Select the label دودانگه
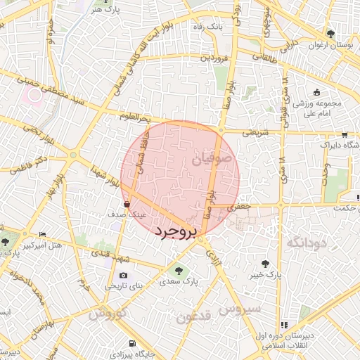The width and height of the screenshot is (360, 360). click(307, 243)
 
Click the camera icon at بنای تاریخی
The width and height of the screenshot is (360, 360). click(124, 276)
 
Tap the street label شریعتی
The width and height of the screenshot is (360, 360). click(256, 131)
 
